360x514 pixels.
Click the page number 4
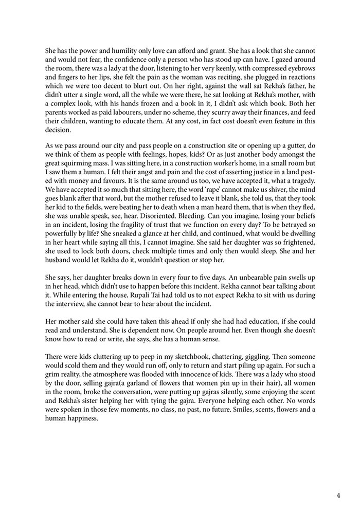coord(338,495)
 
